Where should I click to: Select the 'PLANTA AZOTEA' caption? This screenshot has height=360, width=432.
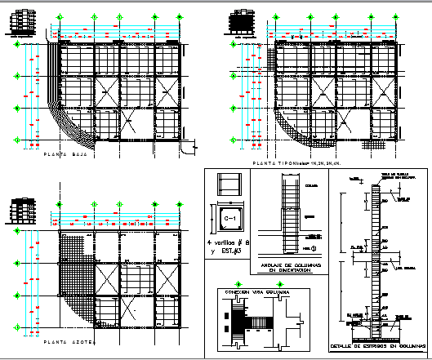click(x=69, y=342)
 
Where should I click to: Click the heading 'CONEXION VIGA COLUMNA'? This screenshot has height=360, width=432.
click(x=249, y=292)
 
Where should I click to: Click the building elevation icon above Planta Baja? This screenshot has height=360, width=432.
click(x=24, y=24)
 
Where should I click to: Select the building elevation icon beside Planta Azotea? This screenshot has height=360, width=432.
click(x=21, y=210)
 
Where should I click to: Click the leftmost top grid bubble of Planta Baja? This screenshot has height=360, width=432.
click(x=58, y=16)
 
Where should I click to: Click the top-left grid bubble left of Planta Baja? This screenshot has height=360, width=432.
click(x=16, y=46)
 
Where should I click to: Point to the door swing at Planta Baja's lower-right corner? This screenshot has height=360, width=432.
click(x=189, y=147)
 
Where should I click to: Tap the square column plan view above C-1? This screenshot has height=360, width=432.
click(x=230, y=184)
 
